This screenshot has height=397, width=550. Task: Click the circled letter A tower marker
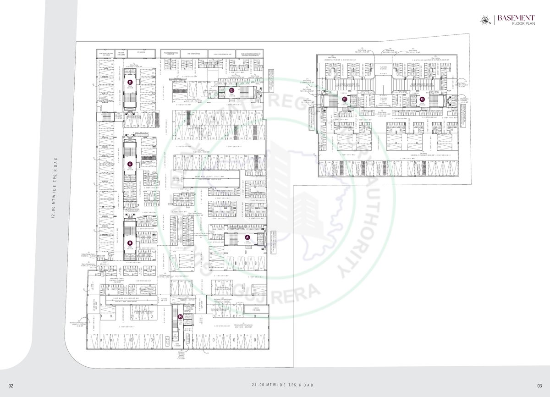coord(247,237)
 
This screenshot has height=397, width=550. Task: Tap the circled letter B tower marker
coord(130,243)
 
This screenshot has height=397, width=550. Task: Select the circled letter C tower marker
coord(130,164)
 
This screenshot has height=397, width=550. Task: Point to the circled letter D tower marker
coord(130,82)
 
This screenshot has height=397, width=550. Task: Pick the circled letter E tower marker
coord(232,90)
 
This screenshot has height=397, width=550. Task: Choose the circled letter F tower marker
coord(345,99)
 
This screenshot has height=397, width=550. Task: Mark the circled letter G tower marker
coord(422,99)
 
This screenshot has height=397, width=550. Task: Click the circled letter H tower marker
coord(180,316)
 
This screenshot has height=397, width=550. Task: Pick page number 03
coord(539,385)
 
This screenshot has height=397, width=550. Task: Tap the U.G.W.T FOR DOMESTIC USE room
coord(220,53)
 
